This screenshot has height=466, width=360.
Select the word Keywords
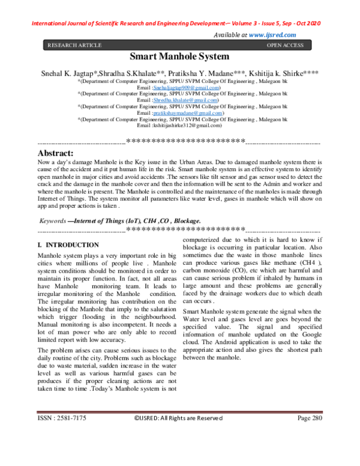(x=52, y=222)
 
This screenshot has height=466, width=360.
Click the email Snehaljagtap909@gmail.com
(x=186, y=88)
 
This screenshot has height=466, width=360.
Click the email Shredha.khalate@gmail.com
(x=187, y=100)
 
